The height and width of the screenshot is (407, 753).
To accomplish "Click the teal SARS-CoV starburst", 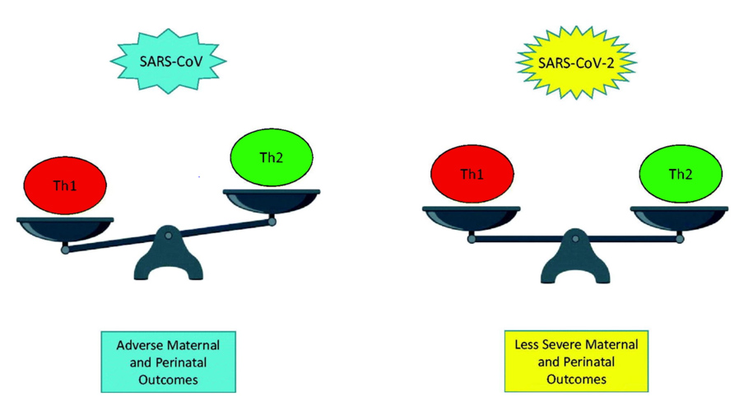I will [x=169, y=61].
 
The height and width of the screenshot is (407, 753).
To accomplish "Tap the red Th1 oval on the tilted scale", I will [x=66, y=185].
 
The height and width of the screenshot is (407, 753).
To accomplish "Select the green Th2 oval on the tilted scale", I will [x=272, y=157].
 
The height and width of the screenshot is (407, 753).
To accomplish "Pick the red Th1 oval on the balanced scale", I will [x=472, y=174].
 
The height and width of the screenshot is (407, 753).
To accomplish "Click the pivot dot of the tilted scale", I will [x=169, y=236].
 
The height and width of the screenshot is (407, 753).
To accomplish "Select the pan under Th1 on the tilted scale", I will [x=66, y=227].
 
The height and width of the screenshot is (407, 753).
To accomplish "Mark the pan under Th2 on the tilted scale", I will [x=272, y=199].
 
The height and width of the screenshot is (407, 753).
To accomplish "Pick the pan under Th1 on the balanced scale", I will [x=472, y=217].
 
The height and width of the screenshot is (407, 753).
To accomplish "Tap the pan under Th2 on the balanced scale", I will [x=680, y=217].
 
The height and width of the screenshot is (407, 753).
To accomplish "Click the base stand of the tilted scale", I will [x=169, y=264].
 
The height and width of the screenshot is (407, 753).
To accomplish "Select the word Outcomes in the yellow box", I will [x=575, y=380].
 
